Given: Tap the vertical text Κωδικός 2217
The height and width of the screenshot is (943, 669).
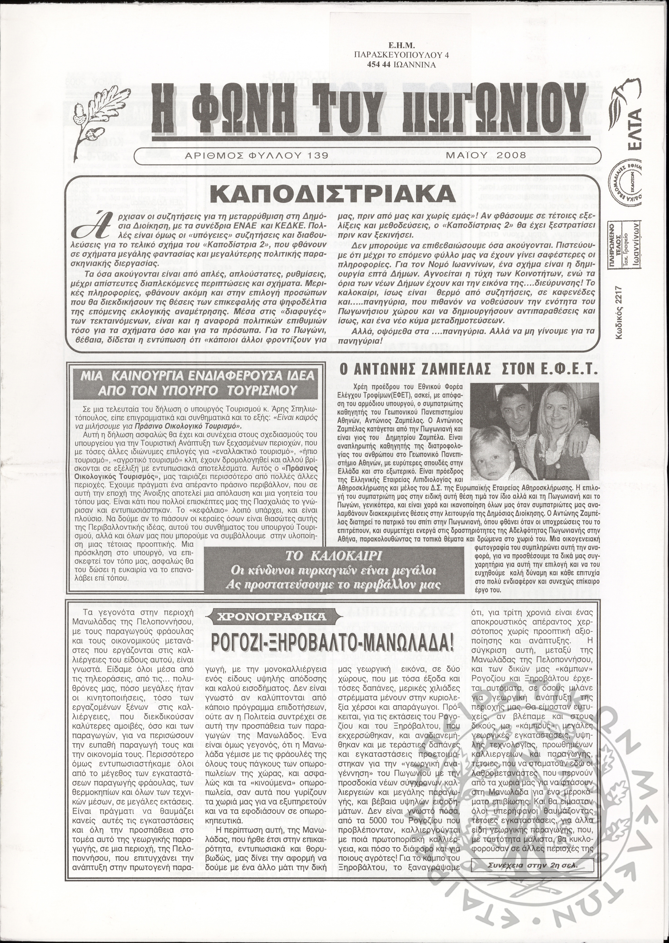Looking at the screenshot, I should point(619,319).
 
